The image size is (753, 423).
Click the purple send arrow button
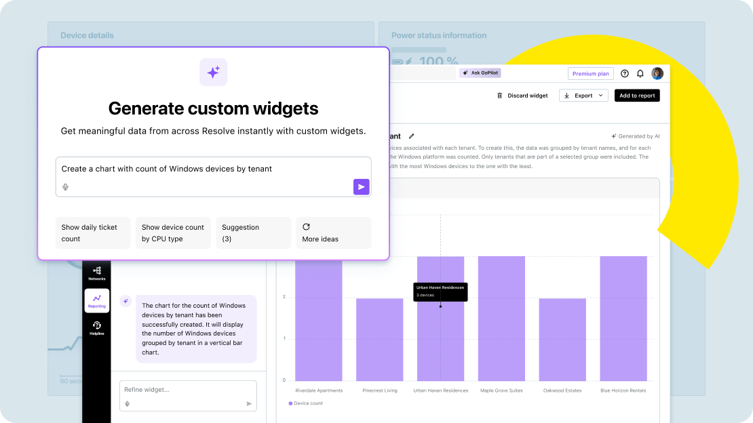tap(362, 187)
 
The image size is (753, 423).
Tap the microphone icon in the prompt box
tap(66, 187)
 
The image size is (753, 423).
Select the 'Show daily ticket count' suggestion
tap(92, 233)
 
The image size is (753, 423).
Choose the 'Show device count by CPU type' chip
tap(173, 233)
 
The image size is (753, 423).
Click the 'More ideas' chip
tap(333, 233)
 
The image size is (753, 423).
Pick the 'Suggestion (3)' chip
tap(253, 233)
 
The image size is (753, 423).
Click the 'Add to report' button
tap(637, 96)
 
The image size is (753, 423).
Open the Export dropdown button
tap(583, 96)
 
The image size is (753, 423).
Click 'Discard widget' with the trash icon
tap(522, 96)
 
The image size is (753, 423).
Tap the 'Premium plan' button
tap(590, 74)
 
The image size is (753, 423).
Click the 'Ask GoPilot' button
tap(480, 73)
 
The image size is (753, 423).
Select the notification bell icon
tap(640, 74)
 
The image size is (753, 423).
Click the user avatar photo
tap(657, 73)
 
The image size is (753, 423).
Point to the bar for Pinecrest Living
tap(379, 339)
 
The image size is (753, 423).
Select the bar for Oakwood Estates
tap(562, 339)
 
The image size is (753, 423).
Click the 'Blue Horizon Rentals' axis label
tap(623, 390)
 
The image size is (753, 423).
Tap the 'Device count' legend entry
tap(306, 403)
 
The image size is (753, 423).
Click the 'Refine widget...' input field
tap(183, 390)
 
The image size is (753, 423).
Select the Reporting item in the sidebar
tap(96, 300)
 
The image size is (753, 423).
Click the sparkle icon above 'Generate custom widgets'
tap(213, 72)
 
